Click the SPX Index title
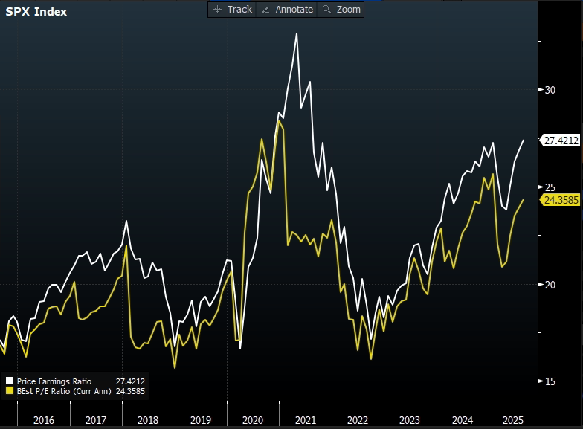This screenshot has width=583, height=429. pos(36,12)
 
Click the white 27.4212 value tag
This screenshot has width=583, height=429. pos(561,140)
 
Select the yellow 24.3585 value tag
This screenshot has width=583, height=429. pos(561,200)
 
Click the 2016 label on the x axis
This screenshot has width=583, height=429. pos(44,420)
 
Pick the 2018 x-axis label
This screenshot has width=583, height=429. pos(149,420)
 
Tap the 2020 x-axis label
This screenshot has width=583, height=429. pos(254,420)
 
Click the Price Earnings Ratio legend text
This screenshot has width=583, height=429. pos(54,381)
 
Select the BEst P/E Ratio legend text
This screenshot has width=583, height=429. pos(64,390)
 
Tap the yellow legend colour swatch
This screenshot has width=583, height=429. pos(10,390)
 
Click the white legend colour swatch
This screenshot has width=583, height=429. pos(10,381)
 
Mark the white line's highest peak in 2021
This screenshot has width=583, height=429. pos(297,33)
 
